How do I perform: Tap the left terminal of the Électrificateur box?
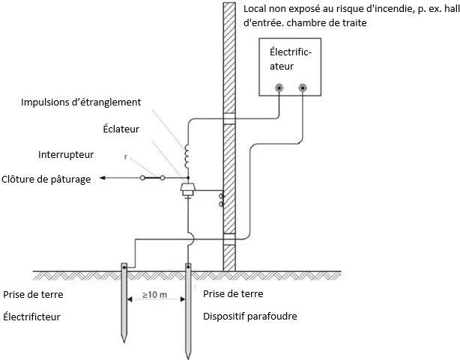point(279,88)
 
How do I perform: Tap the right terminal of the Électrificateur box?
point(303,88)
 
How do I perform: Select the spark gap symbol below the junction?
point(187,192)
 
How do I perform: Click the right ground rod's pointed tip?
point(187,354)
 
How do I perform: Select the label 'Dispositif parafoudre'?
point(250,317)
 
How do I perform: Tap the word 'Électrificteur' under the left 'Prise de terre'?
point(32,317)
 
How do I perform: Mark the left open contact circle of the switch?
point(142,178)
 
